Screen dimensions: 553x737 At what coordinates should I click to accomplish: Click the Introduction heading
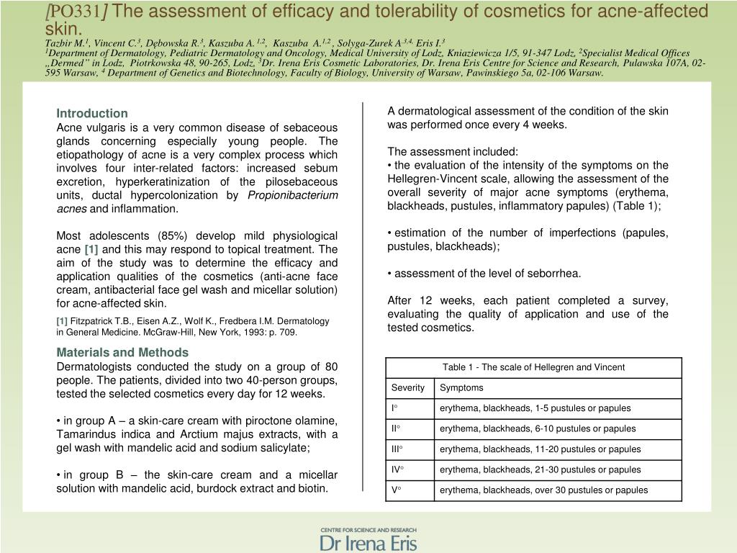point(92,113)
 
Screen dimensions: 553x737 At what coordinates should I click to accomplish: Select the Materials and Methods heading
point(122,352)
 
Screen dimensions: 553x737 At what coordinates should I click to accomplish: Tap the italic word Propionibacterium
point(292,195)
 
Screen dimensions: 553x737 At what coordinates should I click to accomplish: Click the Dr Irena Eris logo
point(368,538)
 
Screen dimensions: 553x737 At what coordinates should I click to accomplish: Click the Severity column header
point(408,387)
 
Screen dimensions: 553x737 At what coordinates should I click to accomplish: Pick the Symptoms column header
point(461,387)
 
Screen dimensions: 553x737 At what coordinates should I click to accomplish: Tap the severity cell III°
point(397,449)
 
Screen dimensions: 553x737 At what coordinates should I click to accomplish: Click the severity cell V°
point(395,490)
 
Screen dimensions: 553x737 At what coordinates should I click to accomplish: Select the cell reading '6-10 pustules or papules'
point(538,428)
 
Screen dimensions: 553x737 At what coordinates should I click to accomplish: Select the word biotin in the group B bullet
point(312,488)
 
